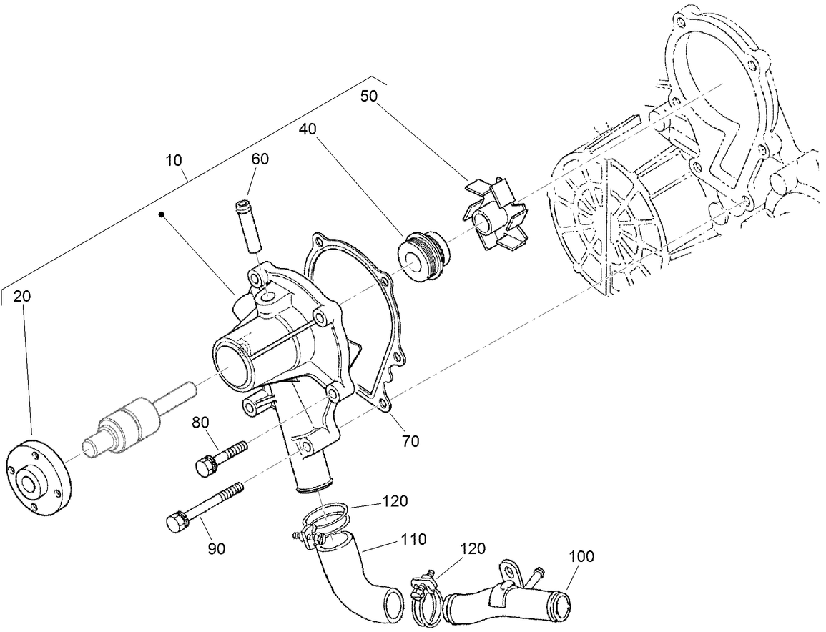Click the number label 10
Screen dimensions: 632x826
click(x=174, y=160)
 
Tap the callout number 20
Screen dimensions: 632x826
click(x=23, y=295)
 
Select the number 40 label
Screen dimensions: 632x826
click(x=308, y=129)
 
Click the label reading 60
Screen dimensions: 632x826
click(x=260, y=159)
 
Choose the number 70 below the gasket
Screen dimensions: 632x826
click(x=410, y=441)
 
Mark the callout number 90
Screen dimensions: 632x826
click(x=217, y=548)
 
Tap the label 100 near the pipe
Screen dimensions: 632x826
click(x=581, y=556)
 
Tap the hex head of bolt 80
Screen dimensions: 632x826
click(x=205, y=465)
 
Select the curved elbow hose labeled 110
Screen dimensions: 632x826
click(x=357, y=582)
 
